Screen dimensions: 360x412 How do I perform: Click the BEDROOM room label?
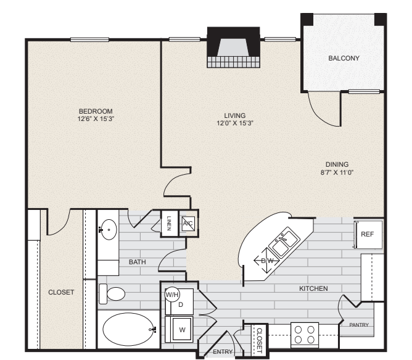click(95, 111)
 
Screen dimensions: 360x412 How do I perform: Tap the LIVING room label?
click(234, 115)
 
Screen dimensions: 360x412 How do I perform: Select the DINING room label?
click(337, 164)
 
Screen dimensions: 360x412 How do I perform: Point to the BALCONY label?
click(344, 58)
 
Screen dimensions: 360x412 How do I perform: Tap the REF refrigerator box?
click(368, 234)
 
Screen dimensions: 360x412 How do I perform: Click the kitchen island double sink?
click(284, 241)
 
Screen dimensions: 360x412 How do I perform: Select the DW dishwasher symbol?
click(267, 260)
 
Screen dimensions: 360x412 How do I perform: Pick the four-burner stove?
click(305, 335)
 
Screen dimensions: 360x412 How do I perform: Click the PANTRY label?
click(359, 324)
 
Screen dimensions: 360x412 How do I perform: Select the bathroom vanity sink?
click(109, 230)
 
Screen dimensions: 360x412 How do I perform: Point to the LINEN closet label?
click(169, 222)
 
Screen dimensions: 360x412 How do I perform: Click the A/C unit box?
click(188, 224)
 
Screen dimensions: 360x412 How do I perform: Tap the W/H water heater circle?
click(172, 294)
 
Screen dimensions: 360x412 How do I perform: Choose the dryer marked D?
click(181, 304)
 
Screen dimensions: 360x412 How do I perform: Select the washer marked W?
click(181, 329)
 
